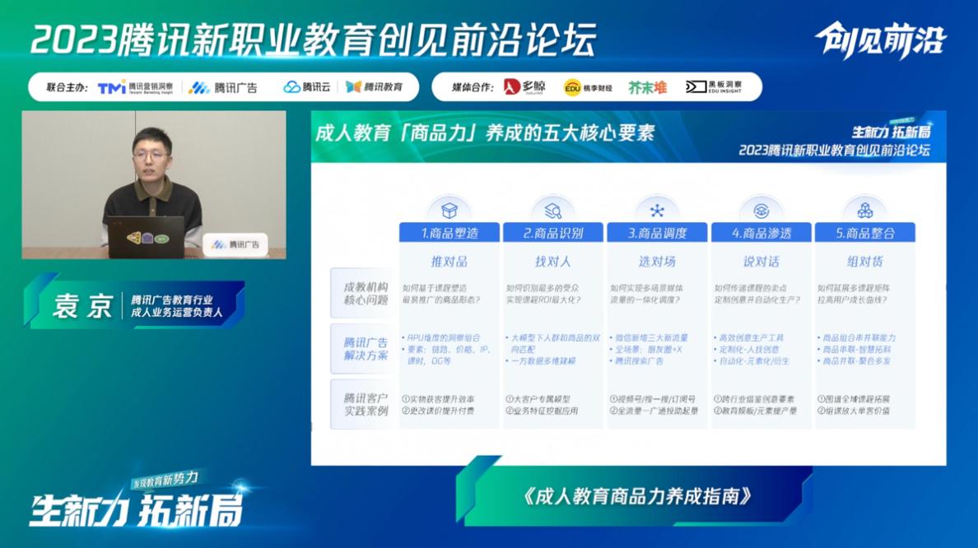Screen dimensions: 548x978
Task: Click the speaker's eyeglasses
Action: coord(151,154)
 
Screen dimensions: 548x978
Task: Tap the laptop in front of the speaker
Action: coord(146,236)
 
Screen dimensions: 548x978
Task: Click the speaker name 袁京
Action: coord(82,306)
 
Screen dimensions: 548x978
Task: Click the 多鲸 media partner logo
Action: coord(524,87)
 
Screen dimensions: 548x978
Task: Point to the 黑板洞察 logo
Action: coord(714,87)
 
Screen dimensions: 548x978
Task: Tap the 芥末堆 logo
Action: coord(647,87)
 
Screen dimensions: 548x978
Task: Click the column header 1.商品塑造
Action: coord(449,233)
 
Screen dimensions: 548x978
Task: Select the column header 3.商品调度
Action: coord(657,233)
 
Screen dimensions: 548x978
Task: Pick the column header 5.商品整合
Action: coord(864,233)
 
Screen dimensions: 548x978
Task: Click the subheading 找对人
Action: coord(552,262)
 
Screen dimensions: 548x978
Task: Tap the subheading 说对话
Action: coord(761,262)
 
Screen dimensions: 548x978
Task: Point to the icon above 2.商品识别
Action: coord(552,210)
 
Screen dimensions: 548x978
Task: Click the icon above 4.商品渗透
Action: coord(761,210)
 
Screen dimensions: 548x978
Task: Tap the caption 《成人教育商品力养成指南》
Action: coord(637,496)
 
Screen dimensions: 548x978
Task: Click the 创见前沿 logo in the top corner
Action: coord(880,40)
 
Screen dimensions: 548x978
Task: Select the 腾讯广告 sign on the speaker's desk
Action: coord(235,244)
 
